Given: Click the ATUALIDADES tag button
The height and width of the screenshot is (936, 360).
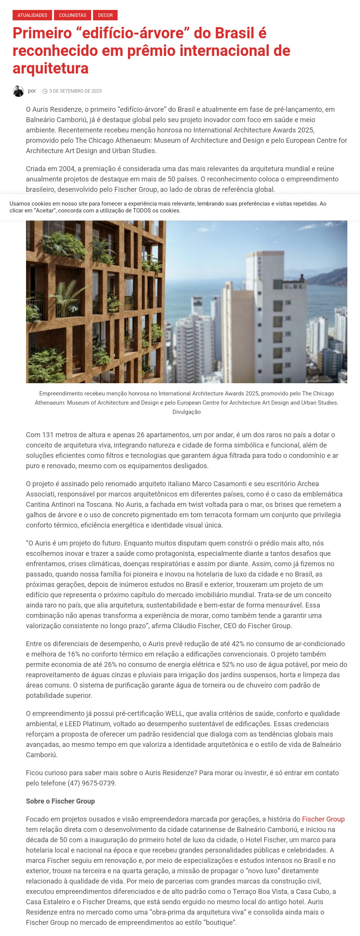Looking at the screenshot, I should click(x=32, y=15).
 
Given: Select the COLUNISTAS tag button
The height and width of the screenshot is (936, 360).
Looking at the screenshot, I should click(x=72, y=15).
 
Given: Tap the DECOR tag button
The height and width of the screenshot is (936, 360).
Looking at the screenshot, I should click(x=105, y=15).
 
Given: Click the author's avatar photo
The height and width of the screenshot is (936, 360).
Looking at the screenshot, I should click(x=18, y=91).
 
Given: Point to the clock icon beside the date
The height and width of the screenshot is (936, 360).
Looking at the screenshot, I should click(x=45, y=91).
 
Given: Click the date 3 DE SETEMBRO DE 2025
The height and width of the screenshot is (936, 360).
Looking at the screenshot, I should click(x=75, y=91).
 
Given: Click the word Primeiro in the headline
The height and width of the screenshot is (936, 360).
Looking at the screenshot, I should click(x=42, y=33).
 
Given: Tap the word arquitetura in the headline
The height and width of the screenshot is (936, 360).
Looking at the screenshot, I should click(x=51, y=69).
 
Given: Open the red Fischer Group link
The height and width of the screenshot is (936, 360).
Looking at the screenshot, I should click(x=323, y=819).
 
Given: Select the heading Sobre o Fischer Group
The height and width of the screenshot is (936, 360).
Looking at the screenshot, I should click(x=61, y=801).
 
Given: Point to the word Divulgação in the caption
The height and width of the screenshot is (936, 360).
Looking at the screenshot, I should click(x=187, y=412).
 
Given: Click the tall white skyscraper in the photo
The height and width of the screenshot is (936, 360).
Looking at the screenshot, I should click(x=264, y=314).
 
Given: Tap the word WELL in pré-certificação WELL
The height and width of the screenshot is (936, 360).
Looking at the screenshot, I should click(x=174, y=714).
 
